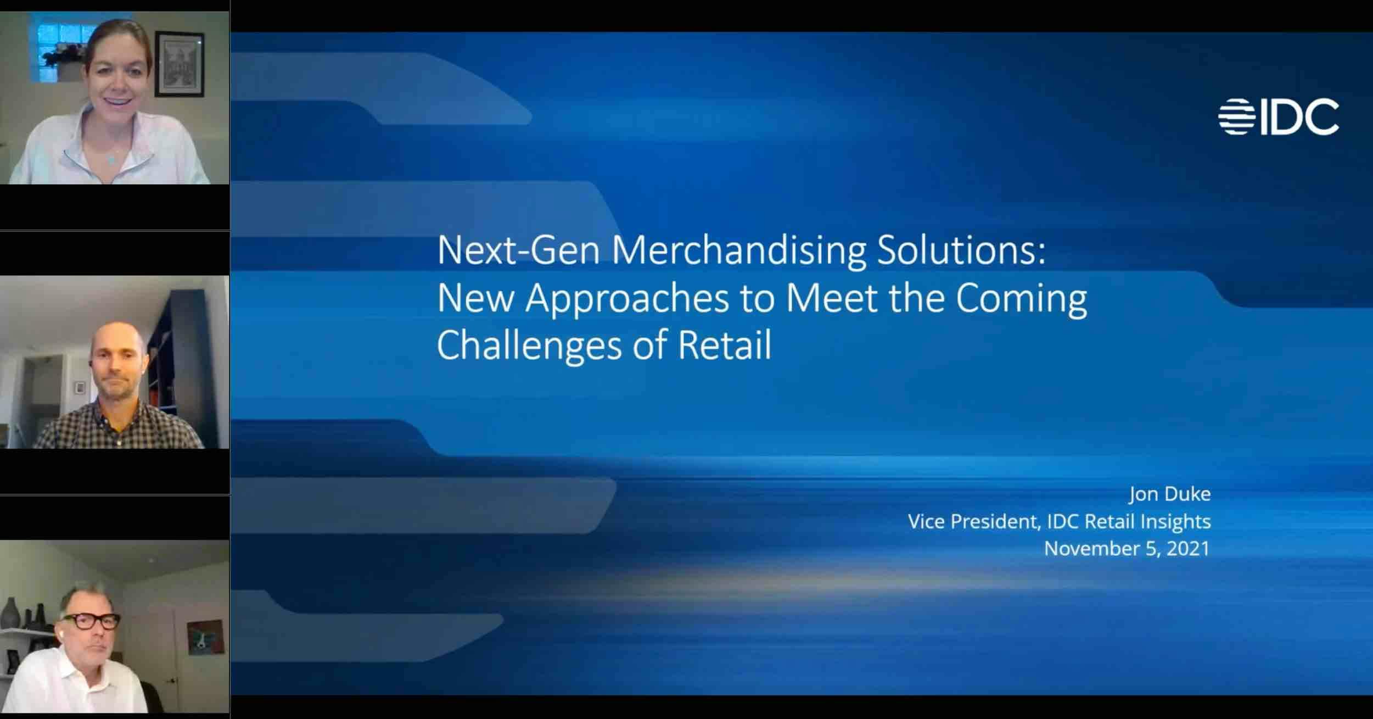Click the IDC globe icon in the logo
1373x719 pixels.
tap(1236, 116)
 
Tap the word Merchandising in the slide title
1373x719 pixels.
tap(738, 250)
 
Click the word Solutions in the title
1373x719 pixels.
tap(961, 250)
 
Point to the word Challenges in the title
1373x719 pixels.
tap(530, 345)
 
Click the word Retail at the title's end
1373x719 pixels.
tap(725, 345)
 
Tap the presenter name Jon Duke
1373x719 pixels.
tap(1169, 494)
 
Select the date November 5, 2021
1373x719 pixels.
tap(1127, 548)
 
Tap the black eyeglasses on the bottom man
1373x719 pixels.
tap(91, 621)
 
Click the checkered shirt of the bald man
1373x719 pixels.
tap(118, 428)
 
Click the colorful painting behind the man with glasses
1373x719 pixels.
tap(205, 637)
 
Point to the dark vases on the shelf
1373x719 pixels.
tap(25, 612)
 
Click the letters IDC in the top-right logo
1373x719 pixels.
tap(1299, 116)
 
